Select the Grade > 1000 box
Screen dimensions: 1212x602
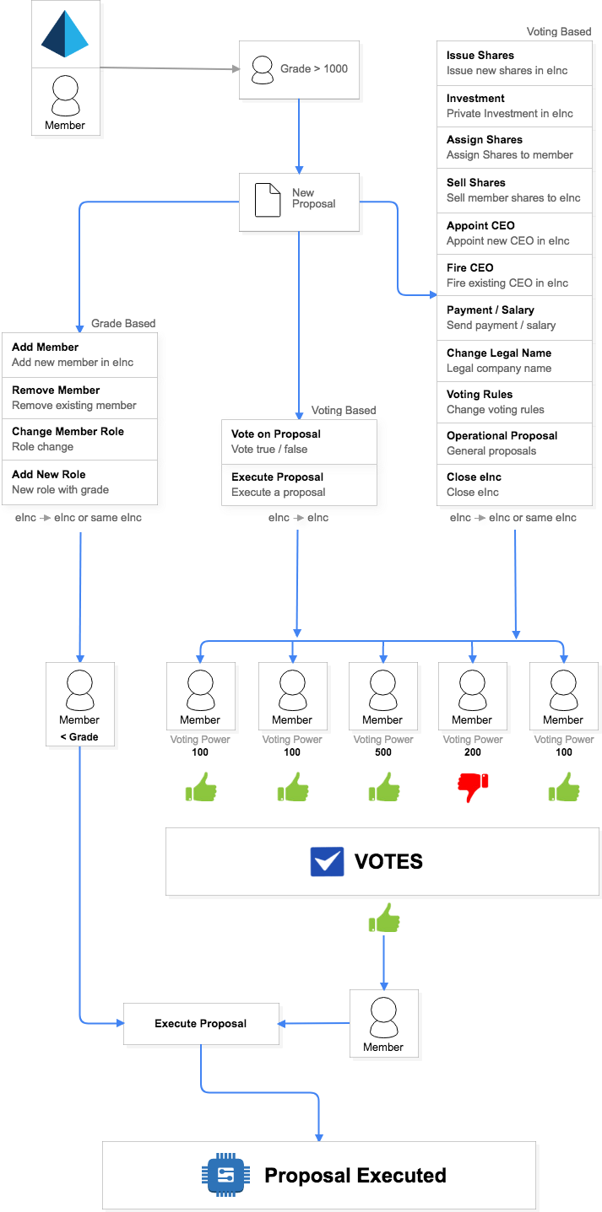pos(300,68)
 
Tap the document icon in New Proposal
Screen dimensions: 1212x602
pos(268,198)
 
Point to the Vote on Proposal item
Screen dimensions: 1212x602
pos(299,441)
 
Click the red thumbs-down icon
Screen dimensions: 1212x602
pos(473,788)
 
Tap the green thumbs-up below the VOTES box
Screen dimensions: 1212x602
pos(384,918)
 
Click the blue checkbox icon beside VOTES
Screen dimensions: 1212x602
pos(327,861)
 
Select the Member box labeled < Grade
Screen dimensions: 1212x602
pos(80,704)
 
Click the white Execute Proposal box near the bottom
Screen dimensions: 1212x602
pos(201,1024)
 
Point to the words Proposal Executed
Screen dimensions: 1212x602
pos(355,1176)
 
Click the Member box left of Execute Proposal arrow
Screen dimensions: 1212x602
pos(383,1024)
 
